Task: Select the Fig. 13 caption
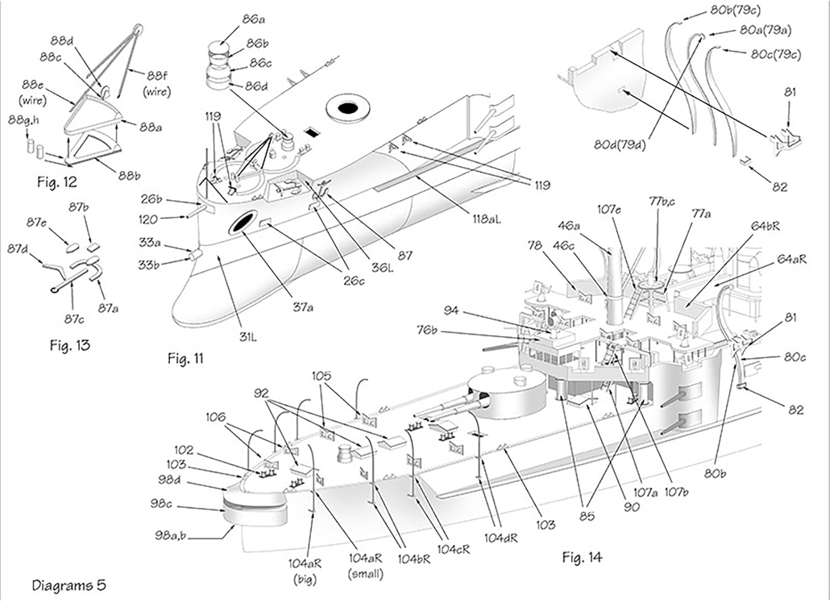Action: tap(69, 346)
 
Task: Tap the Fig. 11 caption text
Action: tap(185, 358)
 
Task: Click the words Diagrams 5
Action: tap(69, 585)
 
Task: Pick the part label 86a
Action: tap(253, 20)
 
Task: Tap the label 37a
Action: tap(302, 306)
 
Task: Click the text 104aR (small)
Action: tap(365, 568)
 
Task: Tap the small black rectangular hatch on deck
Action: tap(313, 132)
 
